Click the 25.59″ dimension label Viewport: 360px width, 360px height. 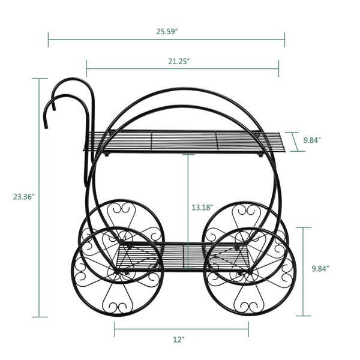click(167, 31)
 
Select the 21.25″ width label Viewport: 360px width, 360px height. click(179, 62)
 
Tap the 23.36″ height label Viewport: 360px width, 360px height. click(24, 197)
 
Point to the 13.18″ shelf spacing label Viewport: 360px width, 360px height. click(203, 208)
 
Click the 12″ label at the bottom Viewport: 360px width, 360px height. click(179, 340)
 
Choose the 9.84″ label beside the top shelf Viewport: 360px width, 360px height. click(312, 140)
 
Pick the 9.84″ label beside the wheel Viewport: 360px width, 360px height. click(320, 269)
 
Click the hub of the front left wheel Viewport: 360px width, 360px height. click(117, 272)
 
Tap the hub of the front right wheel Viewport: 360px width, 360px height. click(249, 272)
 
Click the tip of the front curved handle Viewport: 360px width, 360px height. click(46, 127)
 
